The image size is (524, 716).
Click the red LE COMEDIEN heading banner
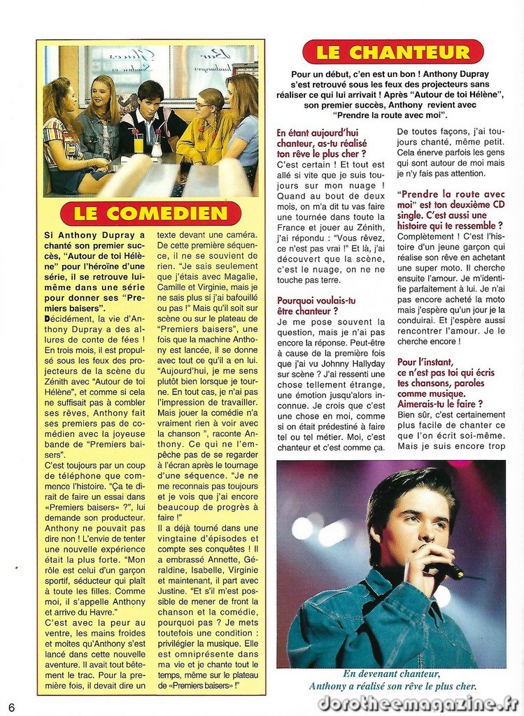(x=150, y=213)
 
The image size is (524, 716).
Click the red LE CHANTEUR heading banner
(x=392, y=52)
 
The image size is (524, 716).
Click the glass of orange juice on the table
(x=139, y=143)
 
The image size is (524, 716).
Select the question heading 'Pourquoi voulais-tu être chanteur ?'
(x=317, y=306)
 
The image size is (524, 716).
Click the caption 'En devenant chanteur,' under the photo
(x=391, y=674)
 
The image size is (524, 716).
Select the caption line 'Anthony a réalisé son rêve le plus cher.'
(x=392, y=687)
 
